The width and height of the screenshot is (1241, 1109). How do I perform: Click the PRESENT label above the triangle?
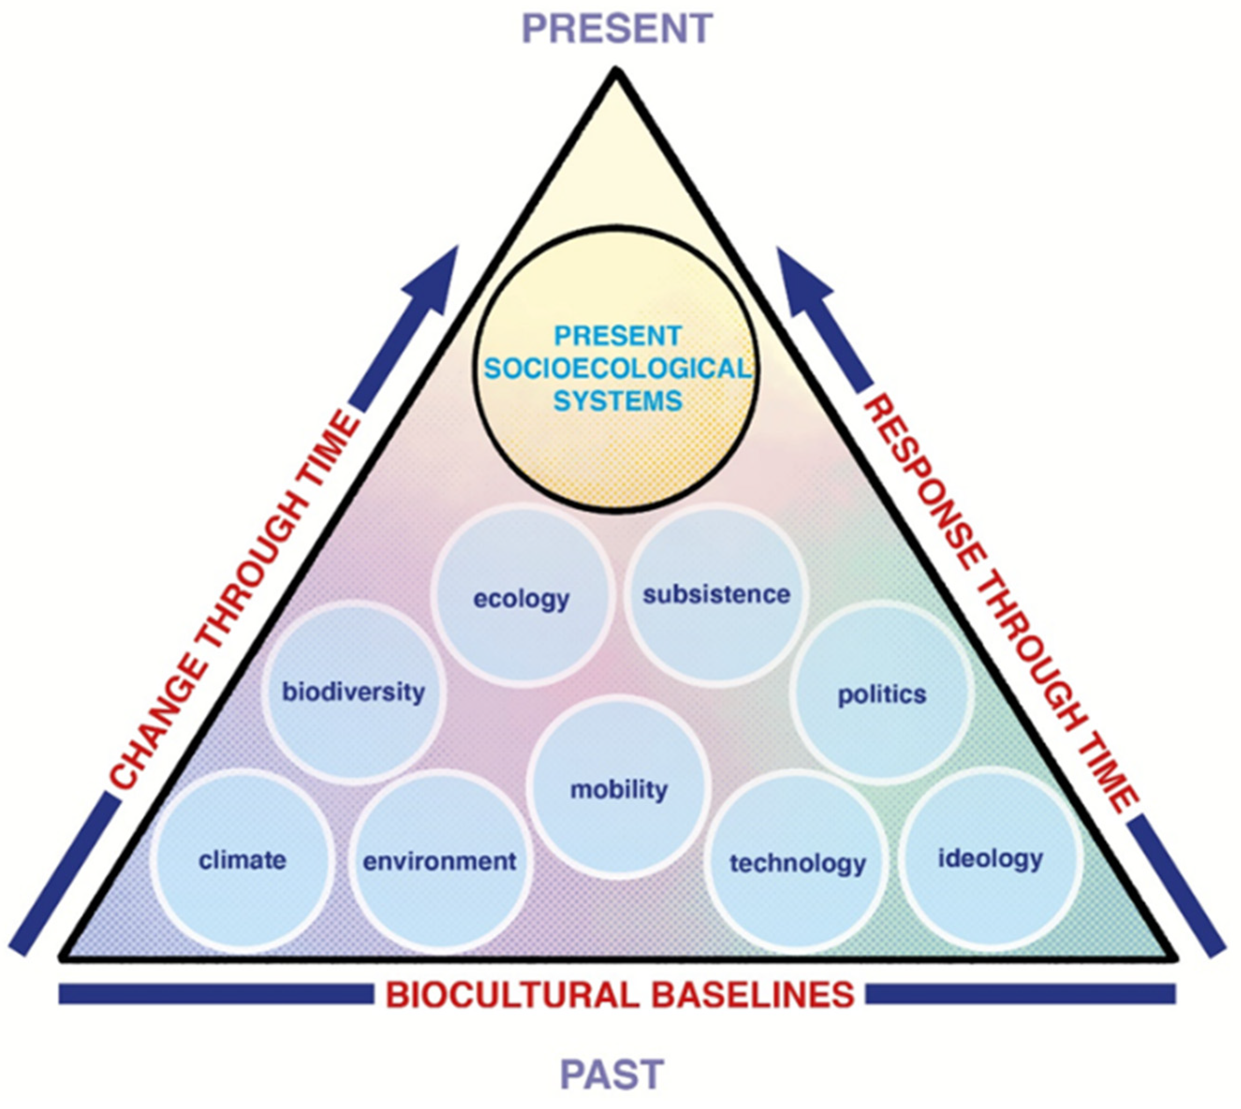617,28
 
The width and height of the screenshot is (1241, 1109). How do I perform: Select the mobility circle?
619,790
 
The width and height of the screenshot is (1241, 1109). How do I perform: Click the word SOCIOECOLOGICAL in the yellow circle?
617,369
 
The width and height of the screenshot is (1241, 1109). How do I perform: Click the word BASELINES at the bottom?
753,995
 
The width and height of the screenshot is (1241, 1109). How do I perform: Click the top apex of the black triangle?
616,73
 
